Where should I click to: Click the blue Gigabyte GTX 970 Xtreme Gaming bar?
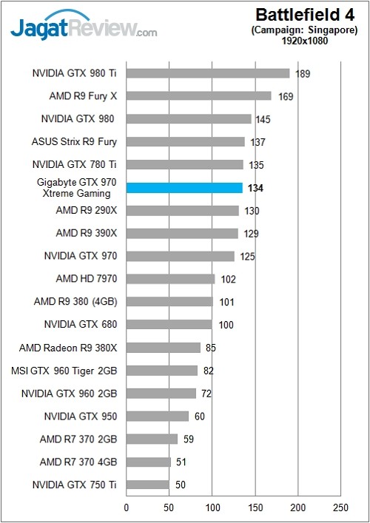184,188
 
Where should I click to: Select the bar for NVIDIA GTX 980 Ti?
207,73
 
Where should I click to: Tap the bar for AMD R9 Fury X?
199,96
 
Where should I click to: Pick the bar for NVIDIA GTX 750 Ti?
148,485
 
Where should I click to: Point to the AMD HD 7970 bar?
170,279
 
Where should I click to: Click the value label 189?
302,74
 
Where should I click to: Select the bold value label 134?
256,189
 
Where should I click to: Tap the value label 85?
212,348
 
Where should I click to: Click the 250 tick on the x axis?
341,508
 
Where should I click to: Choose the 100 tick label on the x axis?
213,508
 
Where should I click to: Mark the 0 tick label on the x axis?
127,508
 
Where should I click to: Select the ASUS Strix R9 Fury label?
75,142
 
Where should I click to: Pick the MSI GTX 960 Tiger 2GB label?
65,371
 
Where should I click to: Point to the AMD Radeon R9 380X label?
68,348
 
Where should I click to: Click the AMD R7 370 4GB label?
78,462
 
